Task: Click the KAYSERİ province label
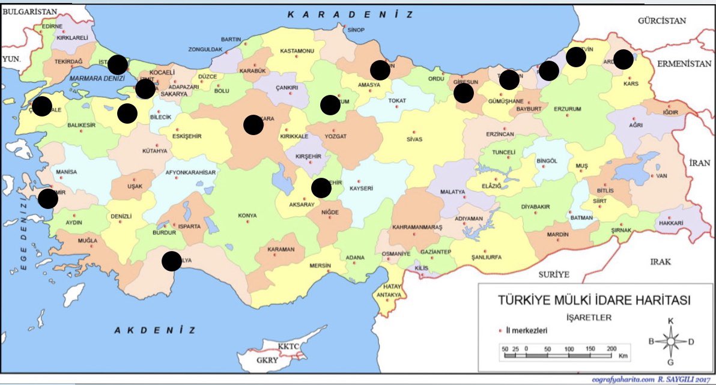[362, 188]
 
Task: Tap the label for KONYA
[247, 216]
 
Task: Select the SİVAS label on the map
[414, 139]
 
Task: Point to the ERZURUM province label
[568, 109]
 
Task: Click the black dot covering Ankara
[253, 124]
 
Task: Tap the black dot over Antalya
[172, 261]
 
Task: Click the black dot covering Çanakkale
[42, 106]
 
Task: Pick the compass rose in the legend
[670, 341]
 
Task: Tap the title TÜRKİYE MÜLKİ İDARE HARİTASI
[591, 300]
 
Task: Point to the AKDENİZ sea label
[155, 330]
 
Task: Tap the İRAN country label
[699, 163]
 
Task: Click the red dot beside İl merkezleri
[500, 330]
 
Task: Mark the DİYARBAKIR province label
[535, 207]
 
